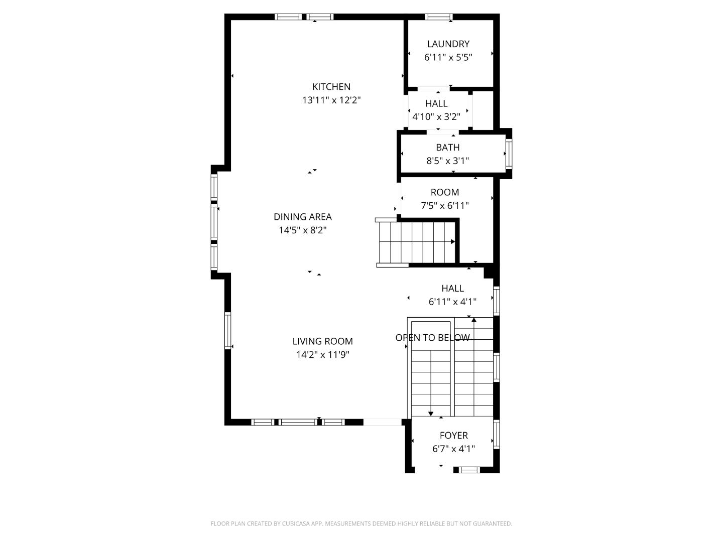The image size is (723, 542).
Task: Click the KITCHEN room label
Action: [x=331, y=87]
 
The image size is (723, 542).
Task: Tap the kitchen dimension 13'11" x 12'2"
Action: [x=331, y=100]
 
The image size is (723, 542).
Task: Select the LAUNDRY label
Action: [x=448, y=44]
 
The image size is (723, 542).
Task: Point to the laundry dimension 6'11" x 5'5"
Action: [x=448, y=57]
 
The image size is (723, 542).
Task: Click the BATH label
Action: [x=447, y=148]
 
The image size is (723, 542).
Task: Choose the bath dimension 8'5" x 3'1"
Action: [x=447, y=161]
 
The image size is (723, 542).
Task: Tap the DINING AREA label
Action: [x=303, y=217]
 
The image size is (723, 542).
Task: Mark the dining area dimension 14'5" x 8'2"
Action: [x=303, y=230]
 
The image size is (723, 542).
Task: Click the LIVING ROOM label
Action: [x=322, y=341]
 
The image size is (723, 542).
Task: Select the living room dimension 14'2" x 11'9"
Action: [x=322, y=355]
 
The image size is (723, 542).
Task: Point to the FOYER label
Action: [x=453, y=436]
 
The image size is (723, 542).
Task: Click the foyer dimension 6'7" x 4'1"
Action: [x=453, y=449]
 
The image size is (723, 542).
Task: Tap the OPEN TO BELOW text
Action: [x=432, y=338]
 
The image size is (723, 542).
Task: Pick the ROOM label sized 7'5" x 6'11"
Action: [x=444, y=192]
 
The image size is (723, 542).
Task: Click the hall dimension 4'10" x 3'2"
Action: [x=436, y=117]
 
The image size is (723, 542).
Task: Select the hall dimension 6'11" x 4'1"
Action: [x=452, y=302]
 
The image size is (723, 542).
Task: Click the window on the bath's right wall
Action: [x=509, y=154]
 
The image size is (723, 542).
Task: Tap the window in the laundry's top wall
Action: [x=439, y=17]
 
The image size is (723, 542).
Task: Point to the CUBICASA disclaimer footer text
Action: [x=361, y=523]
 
